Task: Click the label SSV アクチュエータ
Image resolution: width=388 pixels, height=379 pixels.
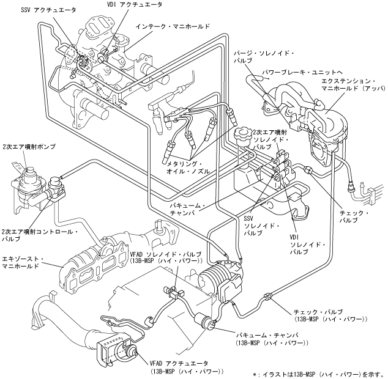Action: coord(48,10)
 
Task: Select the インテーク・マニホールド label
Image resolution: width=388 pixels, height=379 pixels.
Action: coord(173,26)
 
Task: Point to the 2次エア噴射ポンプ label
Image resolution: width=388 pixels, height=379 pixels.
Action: coord(29,147)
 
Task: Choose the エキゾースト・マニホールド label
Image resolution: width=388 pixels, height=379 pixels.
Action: coord(23,262)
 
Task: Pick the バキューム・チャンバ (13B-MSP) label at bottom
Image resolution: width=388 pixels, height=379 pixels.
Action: coord(272,339)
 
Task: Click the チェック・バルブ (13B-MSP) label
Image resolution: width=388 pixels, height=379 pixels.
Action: coord(330,315)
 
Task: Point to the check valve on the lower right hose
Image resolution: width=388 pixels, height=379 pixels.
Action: coord(268,296)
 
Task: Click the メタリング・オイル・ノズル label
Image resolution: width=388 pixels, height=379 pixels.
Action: coord(188,167)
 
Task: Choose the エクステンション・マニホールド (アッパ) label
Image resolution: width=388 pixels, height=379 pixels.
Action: coord(353,84)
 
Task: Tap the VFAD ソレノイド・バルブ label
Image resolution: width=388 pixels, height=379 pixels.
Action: coord(166,257)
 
